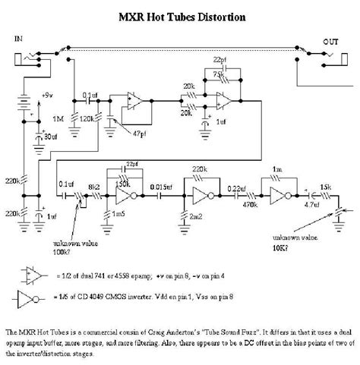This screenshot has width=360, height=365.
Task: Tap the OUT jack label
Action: [x=330, y=42]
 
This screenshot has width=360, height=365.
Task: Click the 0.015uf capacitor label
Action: [x=161, y=186]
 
